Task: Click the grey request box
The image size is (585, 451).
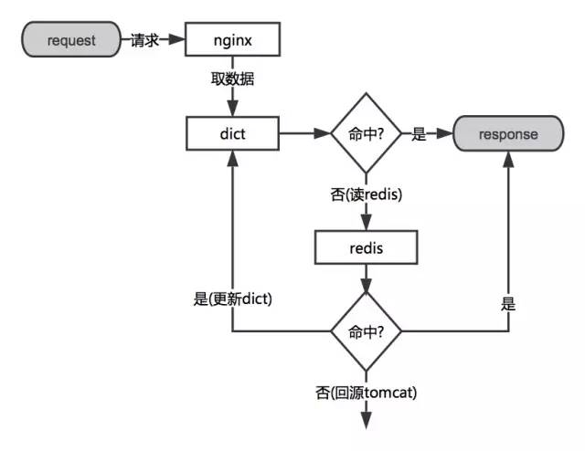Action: tap(72, 40)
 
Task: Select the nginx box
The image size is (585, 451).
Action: tap(232, 40)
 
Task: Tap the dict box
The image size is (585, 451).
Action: tap(232, 133)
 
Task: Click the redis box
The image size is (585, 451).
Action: tap(366, 246)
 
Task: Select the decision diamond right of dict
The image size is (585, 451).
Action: tap(366, 133)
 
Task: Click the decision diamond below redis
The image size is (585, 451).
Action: tap(366, 331)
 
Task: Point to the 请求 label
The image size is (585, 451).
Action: tap(145, 40)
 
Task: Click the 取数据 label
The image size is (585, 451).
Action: tap(232, 79)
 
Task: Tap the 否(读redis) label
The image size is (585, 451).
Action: tap(366, 194)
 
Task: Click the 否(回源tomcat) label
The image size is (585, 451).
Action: tap(366, 393)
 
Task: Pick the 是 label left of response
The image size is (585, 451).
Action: tap(420, 134)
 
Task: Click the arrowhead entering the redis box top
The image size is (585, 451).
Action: tap(366, 225)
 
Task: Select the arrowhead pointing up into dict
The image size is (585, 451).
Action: tap(232, 158)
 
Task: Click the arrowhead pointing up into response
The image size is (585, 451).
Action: tap(509, 159)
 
